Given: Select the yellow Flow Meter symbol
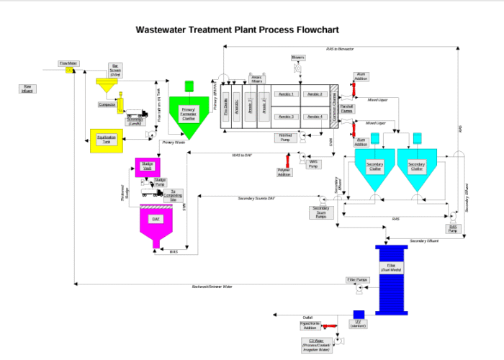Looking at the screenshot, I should pos(70,71).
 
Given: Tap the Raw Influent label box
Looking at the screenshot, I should pos(27,89).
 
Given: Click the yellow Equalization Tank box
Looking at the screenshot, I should pos(106,140).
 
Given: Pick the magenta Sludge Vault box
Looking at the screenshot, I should pos(147,168).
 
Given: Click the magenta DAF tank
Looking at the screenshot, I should pos(155,220).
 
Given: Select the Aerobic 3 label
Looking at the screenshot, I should pos(287,117).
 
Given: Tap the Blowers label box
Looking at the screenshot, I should pos(298,58).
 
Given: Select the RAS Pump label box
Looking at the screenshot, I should pos(453,228).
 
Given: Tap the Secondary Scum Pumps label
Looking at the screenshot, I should pos(320,212).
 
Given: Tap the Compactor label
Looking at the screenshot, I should pos(107,104).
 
